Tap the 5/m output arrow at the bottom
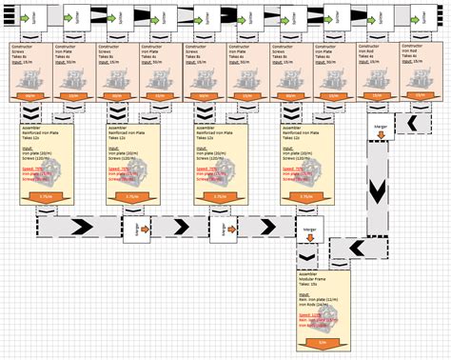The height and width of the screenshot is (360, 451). click(324, 341)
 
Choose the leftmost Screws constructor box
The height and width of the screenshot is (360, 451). click(28, 71)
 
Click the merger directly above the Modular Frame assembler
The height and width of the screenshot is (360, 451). click(308, 230)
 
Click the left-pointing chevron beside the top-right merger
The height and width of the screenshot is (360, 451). click(413, 124)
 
